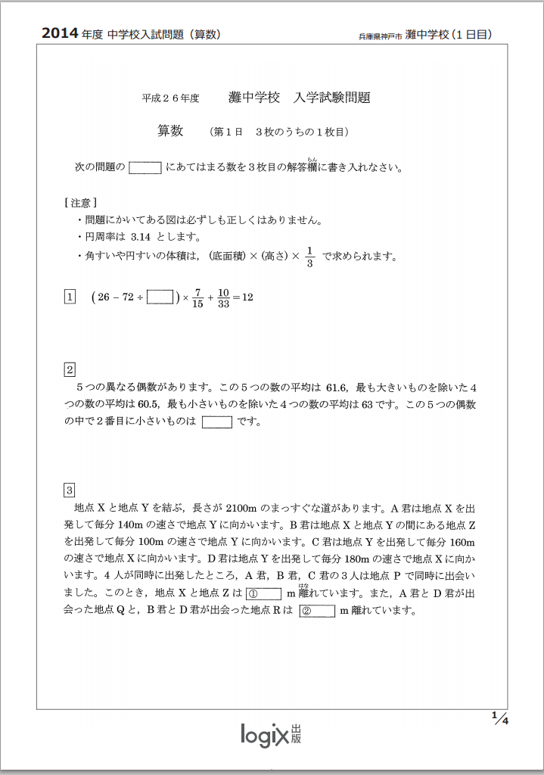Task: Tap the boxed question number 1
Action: [70, 297]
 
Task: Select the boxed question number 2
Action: [70, 370]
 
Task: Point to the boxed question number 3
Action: [70, 490]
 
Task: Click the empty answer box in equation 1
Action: [160, 297]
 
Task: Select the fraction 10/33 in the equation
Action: [223, 297]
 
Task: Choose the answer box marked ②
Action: [317, 611]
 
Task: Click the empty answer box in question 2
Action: [217, 422]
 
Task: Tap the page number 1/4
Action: [499, 718]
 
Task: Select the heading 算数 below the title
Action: [170, 131]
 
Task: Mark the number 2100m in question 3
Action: [242, 508]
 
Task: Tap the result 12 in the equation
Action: [247, 297]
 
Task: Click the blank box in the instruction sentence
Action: [145, 168]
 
